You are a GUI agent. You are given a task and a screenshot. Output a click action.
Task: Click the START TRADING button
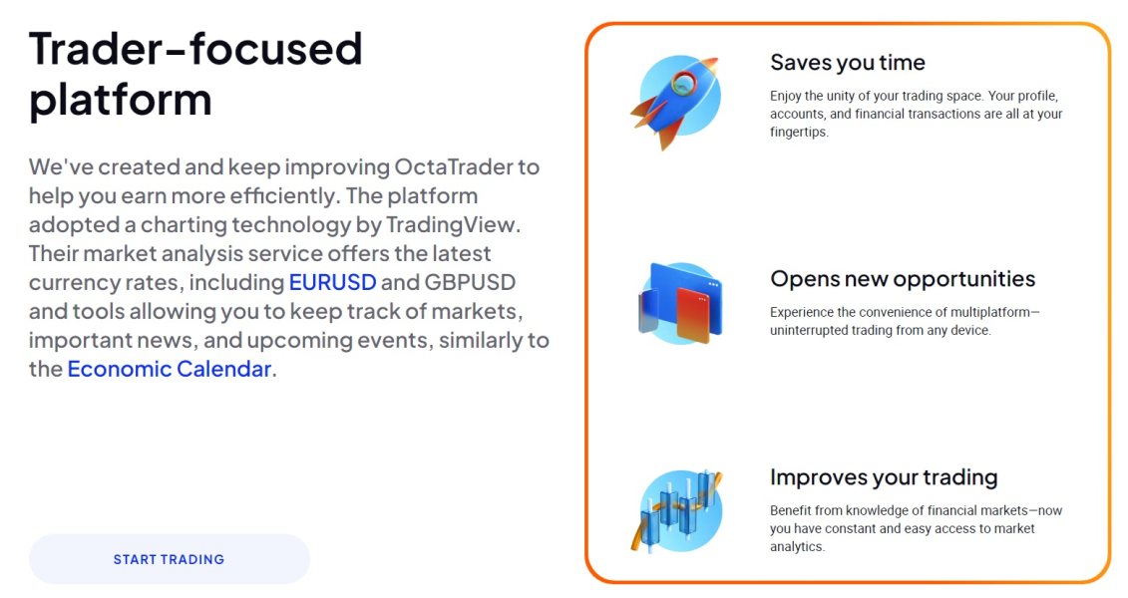(170, 559)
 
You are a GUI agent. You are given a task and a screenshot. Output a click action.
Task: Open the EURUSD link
(332, 282)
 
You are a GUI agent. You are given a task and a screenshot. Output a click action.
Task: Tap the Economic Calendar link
(170, 369)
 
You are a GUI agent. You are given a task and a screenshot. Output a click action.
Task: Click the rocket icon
(675, 101)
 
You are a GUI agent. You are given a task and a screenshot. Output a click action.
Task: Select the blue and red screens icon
(680, 303)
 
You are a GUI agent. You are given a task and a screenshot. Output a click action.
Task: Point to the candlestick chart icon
(676, 510)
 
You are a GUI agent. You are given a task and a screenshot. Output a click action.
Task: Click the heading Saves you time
(848, 63)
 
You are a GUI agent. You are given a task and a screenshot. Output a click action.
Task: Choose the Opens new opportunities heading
(903, 279)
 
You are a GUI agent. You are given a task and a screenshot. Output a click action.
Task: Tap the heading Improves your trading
(884, 477)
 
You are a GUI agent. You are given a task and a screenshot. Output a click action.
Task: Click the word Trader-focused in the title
(195, 49)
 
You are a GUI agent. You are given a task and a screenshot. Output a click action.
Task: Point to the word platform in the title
(120, 101)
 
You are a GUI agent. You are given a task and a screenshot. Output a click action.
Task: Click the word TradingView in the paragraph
(451, 225)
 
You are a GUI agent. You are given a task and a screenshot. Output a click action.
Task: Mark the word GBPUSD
(470, 282)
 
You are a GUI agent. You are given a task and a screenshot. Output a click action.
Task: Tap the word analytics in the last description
(796, 546)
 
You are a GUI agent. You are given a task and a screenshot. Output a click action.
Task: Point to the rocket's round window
(683, 84)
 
